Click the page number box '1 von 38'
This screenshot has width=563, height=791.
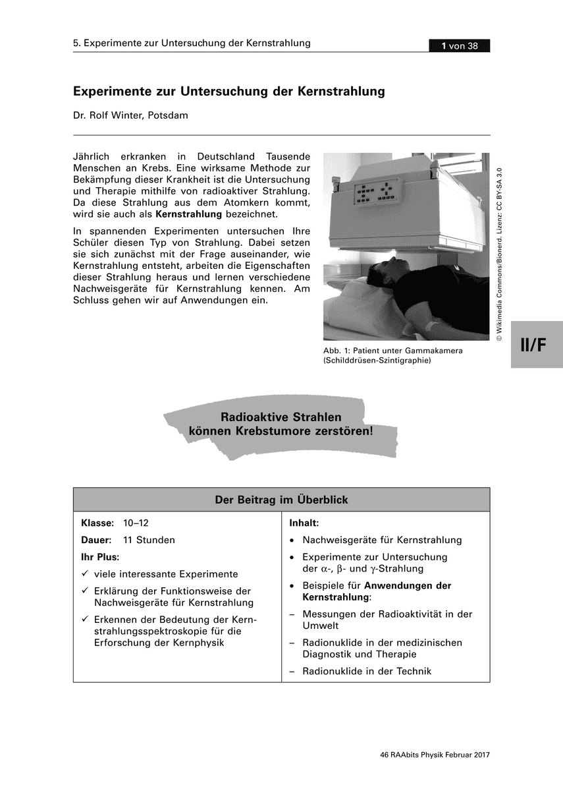point(459,45)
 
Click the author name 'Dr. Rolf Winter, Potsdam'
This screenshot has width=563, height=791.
point(130,115)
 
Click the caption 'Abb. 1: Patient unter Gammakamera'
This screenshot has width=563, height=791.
point(392,351)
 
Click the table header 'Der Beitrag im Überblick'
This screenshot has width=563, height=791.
point(281,500)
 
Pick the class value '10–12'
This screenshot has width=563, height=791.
point(136,523)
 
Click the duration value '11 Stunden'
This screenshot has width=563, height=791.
point(149,540)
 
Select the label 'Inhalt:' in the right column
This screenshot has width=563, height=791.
point(304,523)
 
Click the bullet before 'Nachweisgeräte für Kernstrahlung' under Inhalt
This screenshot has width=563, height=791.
point(292,541)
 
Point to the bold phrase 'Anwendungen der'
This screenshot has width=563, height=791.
point(408,585)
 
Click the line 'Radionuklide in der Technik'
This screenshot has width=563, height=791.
point(367,671)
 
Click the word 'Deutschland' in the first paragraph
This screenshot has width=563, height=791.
point(226,157)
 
